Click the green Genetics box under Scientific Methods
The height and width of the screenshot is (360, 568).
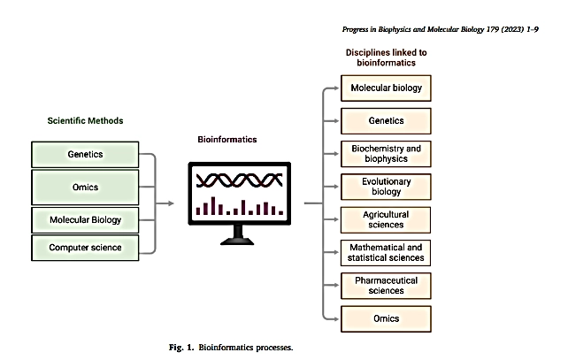click(85, 154)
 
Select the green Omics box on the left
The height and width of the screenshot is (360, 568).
click(85, 188)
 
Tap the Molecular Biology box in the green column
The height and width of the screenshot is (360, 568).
click(85, 220)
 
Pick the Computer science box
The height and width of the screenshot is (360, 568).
click(85, 248)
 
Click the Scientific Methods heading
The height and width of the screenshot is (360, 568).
click(85, 120)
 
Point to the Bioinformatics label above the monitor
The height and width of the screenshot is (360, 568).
click(227, 140)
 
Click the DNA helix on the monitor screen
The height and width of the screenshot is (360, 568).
click(239, 180)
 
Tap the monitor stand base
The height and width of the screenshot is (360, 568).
click(237, 241)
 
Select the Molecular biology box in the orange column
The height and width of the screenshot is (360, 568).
click(386, 88)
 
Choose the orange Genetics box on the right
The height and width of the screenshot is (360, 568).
click(386, 121)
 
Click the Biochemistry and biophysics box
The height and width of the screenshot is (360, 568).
click(386, 154)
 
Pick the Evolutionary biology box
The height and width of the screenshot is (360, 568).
click(386, 187)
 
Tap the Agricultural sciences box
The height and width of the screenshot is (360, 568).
click(386, 220)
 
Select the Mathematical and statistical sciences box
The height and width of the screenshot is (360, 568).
click(386, 253)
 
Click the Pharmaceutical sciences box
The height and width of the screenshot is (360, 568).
click(386, 286)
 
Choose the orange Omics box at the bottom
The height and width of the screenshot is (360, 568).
click(386, 318)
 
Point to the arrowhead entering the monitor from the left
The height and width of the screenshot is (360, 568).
click(171, 203)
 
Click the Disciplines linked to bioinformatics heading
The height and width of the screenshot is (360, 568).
click(386, 57)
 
